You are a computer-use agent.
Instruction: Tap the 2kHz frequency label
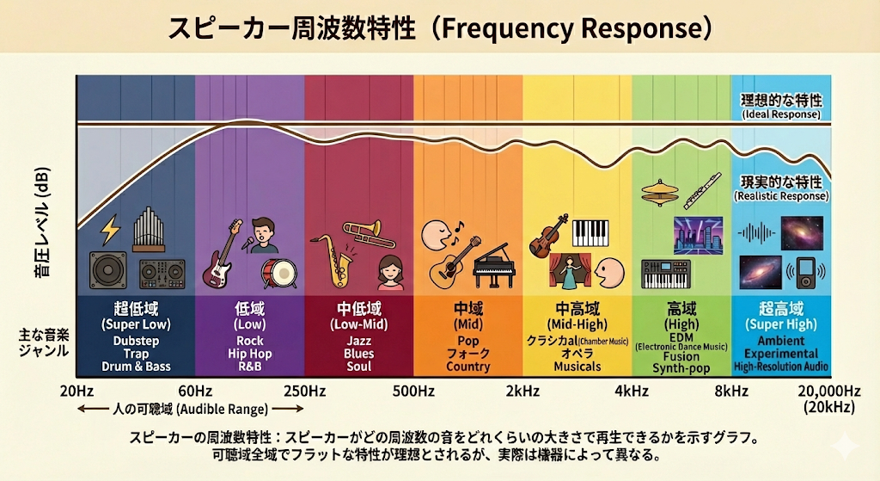(x=522, y=391)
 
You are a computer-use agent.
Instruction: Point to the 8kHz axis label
(x=731, y=391)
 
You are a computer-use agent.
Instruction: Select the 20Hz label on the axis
(x=76, y=391)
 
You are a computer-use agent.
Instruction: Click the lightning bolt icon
(x=110, y=230)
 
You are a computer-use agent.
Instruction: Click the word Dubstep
(x=137, y=340)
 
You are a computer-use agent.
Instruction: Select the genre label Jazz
(x=359, y=340)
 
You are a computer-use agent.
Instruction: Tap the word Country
(x=467, y=367)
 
